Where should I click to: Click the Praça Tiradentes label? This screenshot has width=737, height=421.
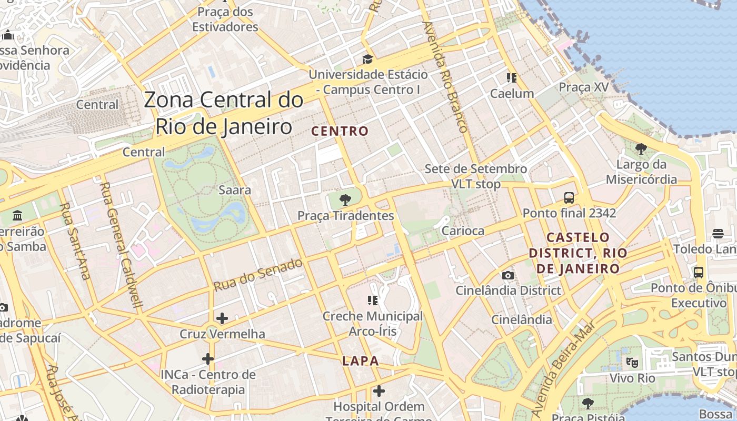click(x=345, y=216)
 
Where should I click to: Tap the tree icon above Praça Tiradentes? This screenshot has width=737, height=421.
click(x=345, y=199)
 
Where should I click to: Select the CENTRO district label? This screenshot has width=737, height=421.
click(x=340, y=131)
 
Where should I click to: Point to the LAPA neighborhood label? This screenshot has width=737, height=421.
click(x=361, y=361)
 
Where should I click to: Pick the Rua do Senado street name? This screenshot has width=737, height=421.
click(x=258, y=274)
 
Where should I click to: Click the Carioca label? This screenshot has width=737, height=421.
click(x=463, y=230)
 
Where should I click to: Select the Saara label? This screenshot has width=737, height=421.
click(x=235, y=190)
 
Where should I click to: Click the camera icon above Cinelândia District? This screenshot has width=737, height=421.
click(x=508, y=275)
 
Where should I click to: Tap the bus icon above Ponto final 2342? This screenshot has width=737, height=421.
click(x=569, y=198)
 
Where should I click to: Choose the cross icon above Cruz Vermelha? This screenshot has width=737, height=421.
click(x=222, y=318)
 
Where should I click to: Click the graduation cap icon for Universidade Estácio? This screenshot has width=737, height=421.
click(x=367, y=59)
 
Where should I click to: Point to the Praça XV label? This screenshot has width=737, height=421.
click(x=584, y=87)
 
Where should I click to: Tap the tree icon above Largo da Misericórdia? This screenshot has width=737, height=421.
click(x=641, y=149)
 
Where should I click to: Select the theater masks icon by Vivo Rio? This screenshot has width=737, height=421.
click(x=632, y=362)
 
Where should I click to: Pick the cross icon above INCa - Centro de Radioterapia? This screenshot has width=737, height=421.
click(x=208, y=359)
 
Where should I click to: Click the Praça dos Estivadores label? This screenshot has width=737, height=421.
click(x=225, y=19)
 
